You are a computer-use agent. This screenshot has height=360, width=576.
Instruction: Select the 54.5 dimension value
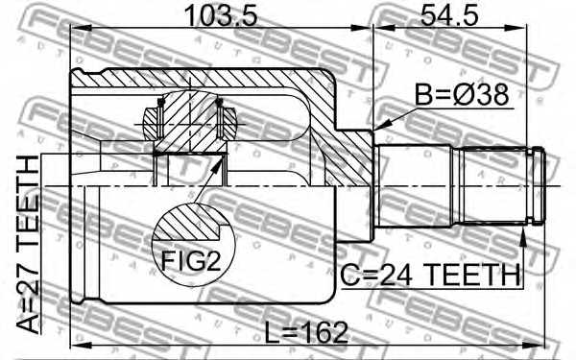449,16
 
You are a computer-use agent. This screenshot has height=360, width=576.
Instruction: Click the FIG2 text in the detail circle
190,260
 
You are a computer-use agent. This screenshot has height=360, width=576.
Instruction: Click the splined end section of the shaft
499,183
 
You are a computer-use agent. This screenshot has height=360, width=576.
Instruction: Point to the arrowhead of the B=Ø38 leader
381,127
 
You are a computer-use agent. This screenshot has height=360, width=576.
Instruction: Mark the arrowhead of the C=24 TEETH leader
522,230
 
